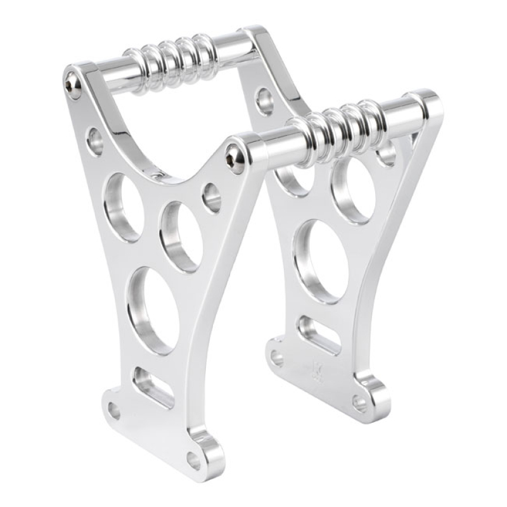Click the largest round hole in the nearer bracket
pos(153,309)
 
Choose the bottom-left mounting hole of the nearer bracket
pos(114,411)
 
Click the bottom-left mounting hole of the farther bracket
pos(277,358)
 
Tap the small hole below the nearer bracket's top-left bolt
pos(95,141)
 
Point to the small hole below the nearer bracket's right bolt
pos(212,197)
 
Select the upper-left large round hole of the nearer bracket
pos(124,207)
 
